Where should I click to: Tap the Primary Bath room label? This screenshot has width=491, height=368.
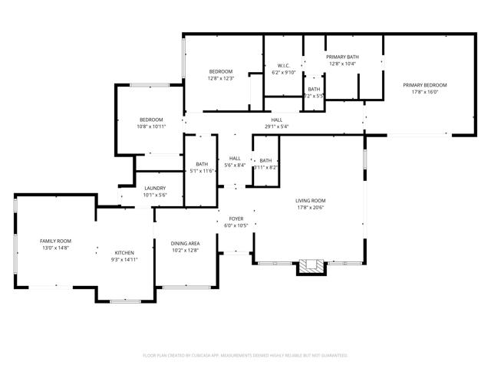click(342, 57)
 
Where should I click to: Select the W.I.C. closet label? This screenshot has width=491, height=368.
click(283, 66)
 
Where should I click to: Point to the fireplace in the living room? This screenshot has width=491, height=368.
click(311, 267)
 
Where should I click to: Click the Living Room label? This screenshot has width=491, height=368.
click(311, 201)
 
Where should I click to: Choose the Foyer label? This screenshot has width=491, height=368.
click(236, 219)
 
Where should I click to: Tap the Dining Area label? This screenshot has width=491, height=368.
click(185, 243)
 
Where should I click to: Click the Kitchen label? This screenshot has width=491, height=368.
click(124, 252)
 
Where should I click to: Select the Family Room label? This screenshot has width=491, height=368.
click(55, 241)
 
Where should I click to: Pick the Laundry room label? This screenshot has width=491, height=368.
click(155, 188)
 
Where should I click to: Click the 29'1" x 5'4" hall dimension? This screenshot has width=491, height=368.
click(276, 127)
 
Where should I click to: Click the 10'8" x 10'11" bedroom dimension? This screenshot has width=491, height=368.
click(151, 127)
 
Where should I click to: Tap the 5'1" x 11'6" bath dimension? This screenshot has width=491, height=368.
click(202, 170)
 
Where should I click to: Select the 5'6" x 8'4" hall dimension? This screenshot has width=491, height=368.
click(236, 165)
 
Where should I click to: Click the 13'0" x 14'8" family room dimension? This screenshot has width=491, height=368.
click(55, 248)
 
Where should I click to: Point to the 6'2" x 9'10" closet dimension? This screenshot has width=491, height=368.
click(283, 73)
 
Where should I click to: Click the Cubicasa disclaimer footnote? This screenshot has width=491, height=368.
click(245, 355)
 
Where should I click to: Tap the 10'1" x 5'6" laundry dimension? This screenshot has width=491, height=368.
click(155, 195)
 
